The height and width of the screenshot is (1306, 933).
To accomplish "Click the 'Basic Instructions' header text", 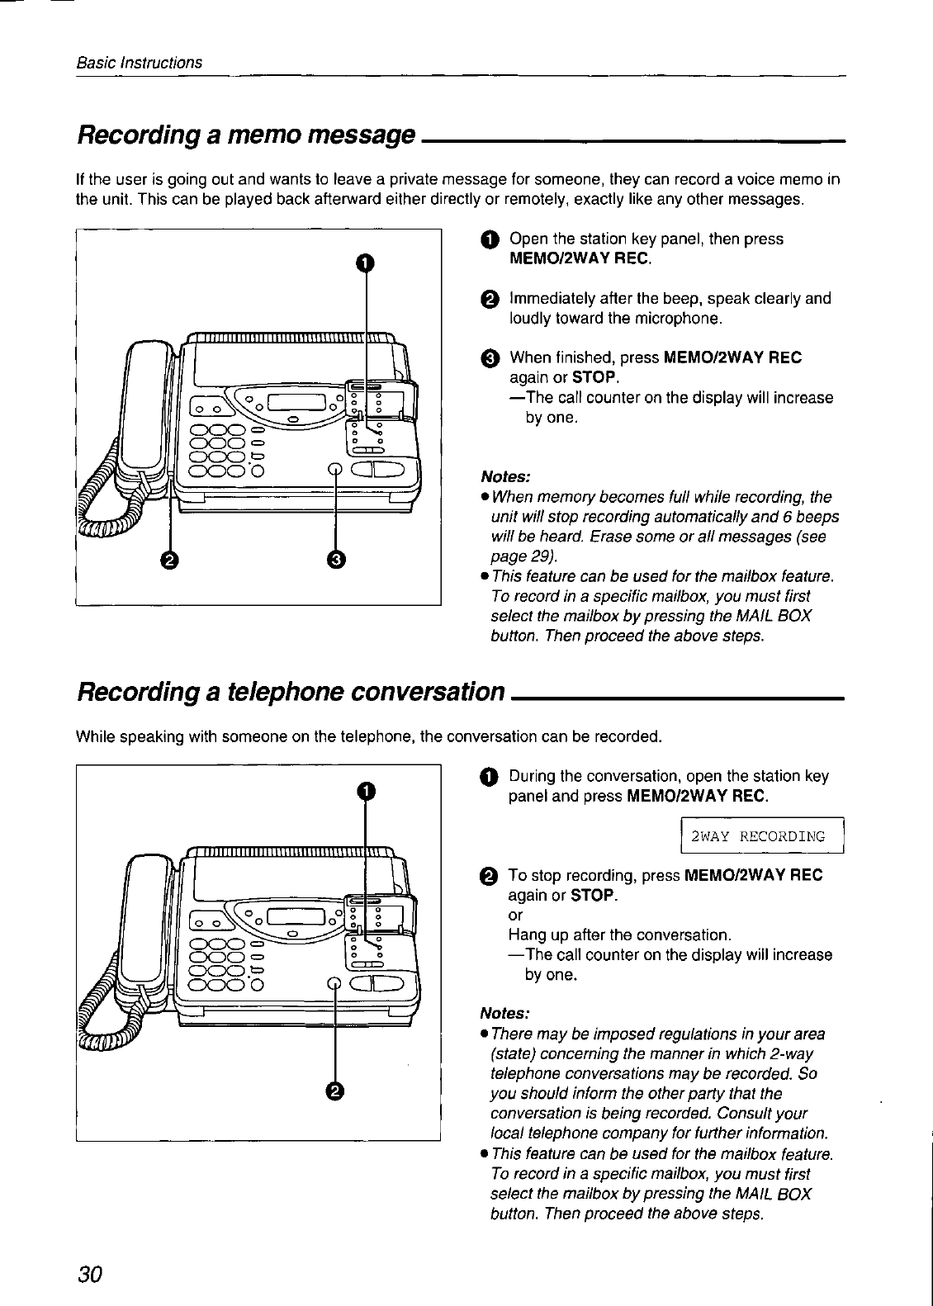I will tap(139, 63).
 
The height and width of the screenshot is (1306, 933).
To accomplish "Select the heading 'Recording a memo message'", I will tap(244, 135).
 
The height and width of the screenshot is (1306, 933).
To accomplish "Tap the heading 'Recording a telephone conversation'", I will tap(290, 690).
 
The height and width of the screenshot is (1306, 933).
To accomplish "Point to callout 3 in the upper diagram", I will tap(335, 561).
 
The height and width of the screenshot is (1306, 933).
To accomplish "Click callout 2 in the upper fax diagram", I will tap(168, 561).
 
